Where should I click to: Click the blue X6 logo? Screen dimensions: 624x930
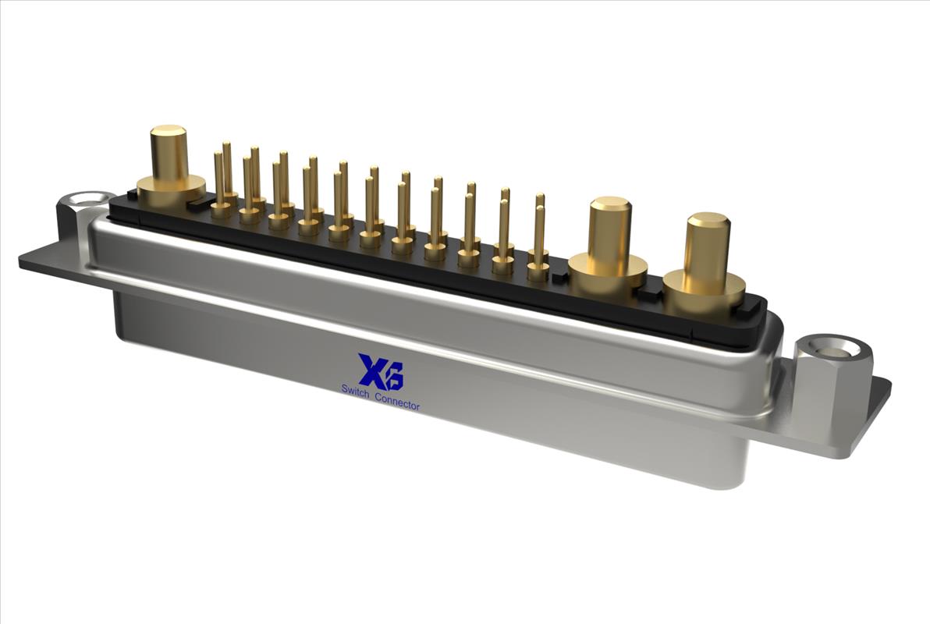[381, 371]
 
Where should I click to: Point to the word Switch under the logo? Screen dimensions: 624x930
[357, 389]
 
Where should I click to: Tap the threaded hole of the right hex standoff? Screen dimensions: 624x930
[830, 348]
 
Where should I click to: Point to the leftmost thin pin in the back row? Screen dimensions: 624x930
[227, 168]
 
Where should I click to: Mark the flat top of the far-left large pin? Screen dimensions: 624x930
[169, 131]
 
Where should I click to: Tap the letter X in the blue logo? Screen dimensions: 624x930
[371, 370]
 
